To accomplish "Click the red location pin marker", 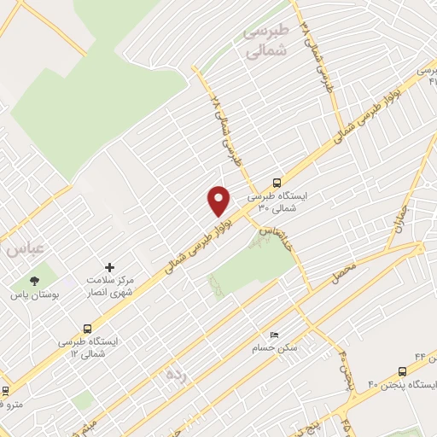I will pos(219,200).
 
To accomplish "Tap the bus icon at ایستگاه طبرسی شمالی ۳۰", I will pos(276,182).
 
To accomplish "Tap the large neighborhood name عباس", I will pos(23,250).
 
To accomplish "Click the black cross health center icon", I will pos(108,268).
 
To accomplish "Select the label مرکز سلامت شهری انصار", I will pos(110,286).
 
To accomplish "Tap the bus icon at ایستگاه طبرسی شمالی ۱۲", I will pos(87,328).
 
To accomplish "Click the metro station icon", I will pos(7,390).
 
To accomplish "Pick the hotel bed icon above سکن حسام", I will pos(273,335).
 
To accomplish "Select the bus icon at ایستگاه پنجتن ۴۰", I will pos(403,371).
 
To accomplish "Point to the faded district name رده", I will pos(175,373).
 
